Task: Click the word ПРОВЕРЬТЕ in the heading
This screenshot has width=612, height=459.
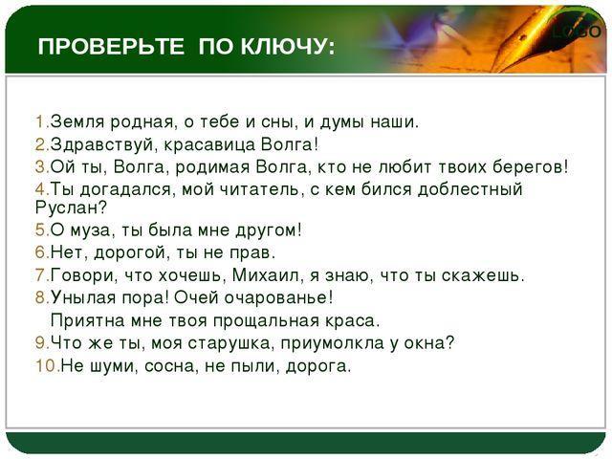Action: tap(111, 47)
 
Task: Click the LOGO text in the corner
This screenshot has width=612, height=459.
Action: tap(577, 32)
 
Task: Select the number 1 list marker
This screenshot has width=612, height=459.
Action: tap(41, 121)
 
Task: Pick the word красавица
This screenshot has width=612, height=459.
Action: tap(208, 144)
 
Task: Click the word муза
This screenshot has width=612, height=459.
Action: tap(89, 230)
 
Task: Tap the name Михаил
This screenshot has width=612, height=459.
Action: tap(267, 275)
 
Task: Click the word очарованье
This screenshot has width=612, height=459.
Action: tap(273, 298)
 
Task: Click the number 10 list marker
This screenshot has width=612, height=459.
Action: tap(49, 366)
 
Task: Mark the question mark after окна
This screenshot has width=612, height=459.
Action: tap(449, 342)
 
